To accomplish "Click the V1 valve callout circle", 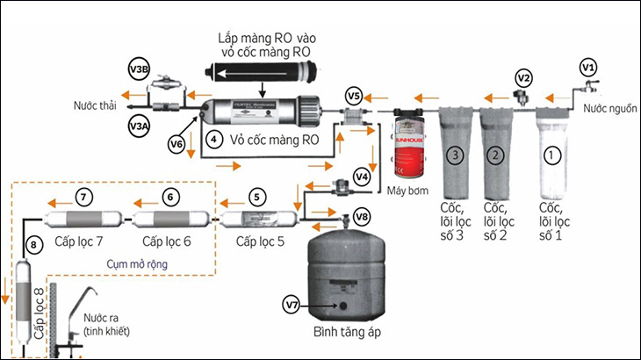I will pyautogui.click(x=588, y=67).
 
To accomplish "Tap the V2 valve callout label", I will pyautogui.click(x=523, y=77).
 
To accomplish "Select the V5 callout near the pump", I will pyautogui.click(x=354, y=95).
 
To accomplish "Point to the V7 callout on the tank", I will pyautogui.click(x=292, y=305).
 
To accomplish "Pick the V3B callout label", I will pyautogui.click(x=140, y=69).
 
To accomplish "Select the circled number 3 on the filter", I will pyautogui.click(x=455, y=156).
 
